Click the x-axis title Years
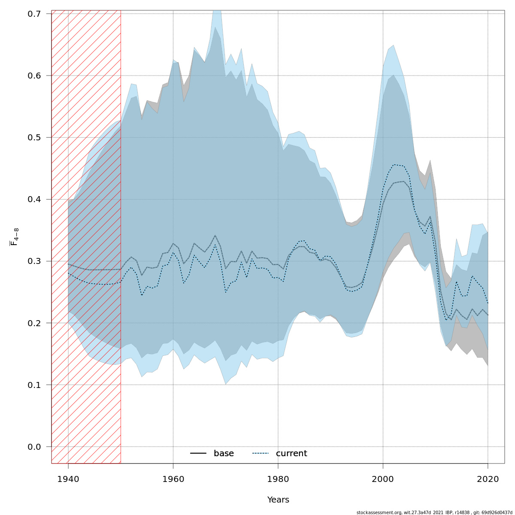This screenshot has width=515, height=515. (x=278, y=500)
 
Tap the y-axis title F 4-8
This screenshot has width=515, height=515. (x=14, y=237)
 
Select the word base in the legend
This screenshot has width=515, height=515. (x=224, y=454)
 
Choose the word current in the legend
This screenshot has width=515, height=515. (x=291, y=454)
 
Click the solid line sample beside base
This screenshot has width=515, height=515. (x=198, y=454)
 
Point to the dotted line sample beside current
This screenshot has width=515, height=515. (x=260, y=454)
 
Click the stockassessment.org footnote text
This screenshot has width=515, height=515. (x=434, y=512)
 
